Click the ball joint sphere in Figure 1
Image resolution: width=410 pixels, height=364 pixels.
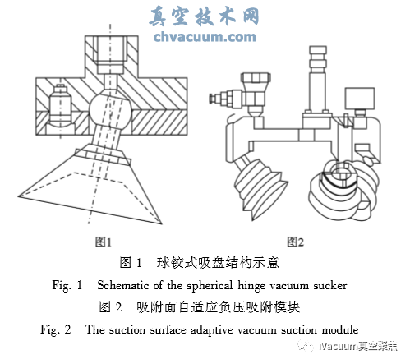pyautogui.click(x=110, y=110)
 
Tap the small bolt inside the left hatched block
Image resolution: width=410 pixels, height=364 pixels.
pyautogui.click(x=60, y=104)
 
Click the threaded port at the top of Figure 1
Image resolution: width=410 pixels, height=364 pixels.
pyautogui.click(x=111, y=54)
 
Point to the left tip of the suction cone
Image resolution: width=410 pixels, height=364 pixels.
pyautogui.click(x=19, y=196)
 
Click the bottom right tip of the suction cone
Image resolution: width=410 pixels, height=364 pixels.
pyautogui.click(x=160, y=223)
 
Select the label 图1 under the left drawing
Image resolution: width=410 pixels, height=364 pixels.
pyautogui.click(x=104, y=242)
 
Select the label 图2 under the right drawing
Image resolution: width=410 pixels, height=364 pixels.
pyautogui.click(x=295, y=242)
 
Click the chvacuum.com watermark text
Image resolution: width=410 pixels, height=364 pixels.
pyautogui.click(x=205, y=37)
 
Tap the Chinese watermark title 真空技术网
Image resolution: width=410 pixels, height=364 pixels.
pyautogui.click(x=204, y=16)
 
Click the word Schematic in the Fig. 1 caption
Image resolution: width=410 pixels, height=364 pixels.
pyautogui.click(x=122, y=285)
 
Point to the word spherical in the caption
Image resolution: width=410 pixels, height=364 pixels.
pyautogui.click(x=210, y=286)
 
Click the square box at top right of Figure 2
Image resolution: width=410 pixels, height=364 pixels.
pyautogui.click(x=360, y=99)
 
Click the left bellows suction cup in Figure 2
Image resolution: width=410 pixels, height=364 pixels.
pyautogui.click(x=259, y=187)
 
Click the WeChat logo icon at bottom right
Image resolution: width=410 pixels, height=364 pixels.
pyautogui.click(x=306, y=346)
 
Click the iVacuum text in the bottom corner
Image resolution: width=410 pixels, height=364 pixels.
pyautogui.click(x=339, y=347)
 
